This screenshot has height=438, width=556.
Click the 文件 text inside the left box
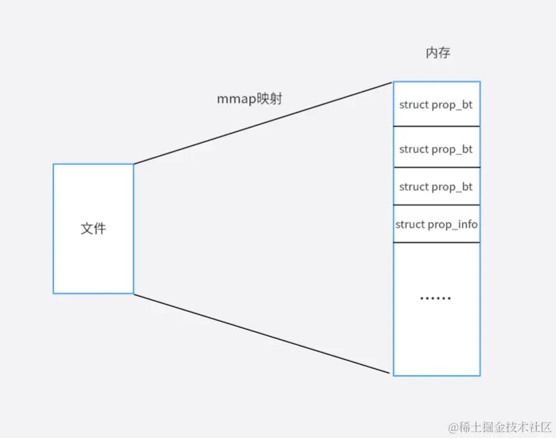pos(93,228)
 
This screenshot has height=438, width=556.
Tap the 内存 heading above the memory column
pos(438,53)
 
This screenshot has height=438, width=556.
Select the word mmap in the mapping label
pos(232,98)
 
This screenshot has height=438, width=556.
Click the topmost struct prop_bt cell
pos(436,104)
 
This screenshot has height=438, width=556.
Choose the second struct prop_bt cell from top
pos(436,149)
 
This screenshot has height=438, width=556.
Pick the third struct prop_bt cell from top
pos(436,187)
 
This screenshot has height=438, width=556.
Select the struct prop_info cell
pos(436,224)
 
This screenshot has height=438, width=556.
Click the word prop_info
pos(453,224)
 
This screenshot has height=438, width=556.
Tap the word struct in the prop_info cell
pos(410,224)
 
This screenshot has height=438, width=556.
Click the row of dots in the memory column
pos(436,298)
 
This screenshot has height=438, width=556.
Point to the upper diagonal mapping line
pos(263,123)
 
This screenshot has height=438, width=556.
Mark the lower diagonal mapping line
pos(263,333)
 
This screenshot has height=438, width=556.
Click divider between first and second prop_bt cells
pos(436,126)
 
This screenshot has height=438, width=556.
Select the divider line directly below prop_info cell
pos(436,242)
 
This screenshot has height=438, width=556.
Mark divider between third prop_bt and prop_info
pos(436,205)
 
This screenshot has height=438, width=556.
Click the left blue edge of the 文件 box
pos(53,228)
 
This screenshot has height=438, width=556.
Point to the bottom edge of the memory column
pos(436,375)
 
